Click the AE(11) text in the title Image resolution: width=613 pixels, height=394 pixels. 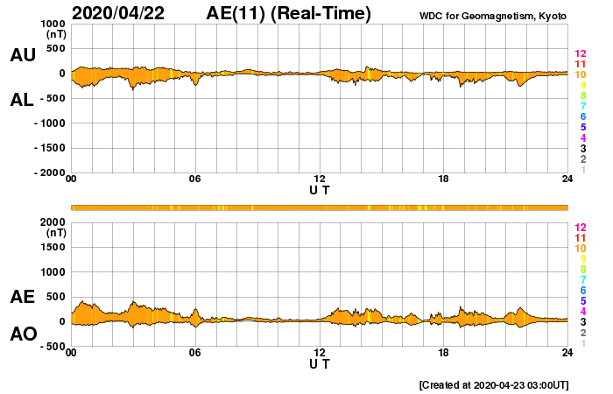(236, 13)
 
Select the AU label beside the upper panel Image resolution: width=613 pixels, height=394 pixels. (22, 55)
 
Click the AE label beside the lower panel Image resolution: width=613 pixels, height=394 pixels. (22, 297)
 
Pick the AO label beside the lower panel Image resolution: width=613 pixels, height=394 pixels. (22, 334)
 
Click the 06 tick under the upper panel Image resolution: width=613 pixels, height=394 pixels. (195, 179)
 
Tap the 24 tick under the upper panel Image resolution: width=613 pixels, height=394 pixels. (567, 179)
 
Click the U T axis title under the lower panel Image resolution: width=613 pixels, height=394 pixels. (320, 363)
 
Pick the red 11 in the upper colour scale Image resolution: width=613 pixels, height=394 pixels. (579, 65)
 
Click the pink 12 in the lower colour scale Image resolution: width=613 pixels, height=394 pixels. (579, 227)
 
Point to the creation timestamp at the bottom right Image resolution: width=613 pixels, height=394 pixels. (495, 384)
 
